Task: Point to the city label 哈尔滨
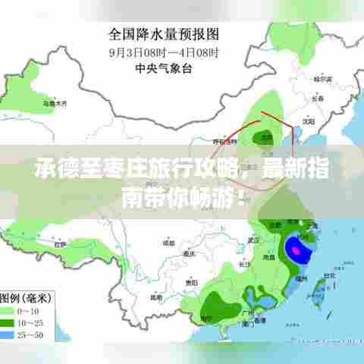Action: [324, 78]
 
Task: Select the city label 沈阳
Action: [307, 120]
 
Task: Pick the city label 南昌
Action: [268, 258]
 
